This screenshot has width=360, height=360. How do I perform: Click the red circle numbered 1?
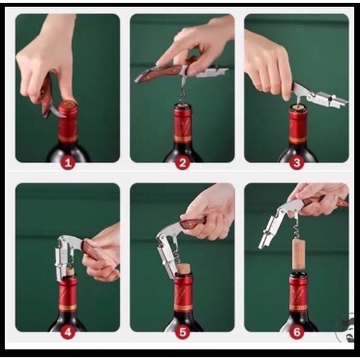pyautogui.click(x=68, y=163)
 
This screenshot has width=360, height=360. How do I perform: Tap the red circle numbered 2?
pyautogui.click(x=183, y=163)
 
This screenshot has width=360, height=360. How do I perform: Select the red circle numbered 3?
pyautogui.click(x=297, y=163)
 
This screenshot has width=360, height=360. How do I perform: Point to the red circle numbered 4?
pyautogui.click(x=68, y=332)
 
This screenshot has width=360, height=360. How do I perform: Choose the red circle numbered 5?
pyautogui.click(x=183, y=332)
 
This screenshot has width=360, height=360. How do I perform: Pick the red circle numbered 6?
pyautogui.click(x=297, y=332)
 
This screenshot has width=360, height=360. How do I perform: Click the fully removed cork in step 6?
pyautogui.click(x=299, y=254)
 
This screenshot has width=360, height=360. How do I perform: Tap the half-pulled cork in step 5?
pyautogui.click(x=184, y=268)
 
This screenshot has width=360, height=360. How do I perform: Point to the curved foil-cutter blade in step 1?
pyautogui.click(x=55, y=111)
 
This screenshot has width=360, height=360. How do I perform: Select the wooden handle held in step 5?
pyautogui.click(x=194, y=222)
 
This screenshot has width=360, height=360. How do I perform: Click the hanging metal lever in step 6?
pyautogui.click(x=270, y=227)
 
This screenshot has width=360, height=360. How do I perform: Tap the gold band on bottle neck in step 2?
pyautogui.click(x=183, y=138)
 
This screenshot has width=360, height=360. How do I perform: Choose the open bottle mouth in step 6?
pyautogui.click(x=298, y=274)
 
